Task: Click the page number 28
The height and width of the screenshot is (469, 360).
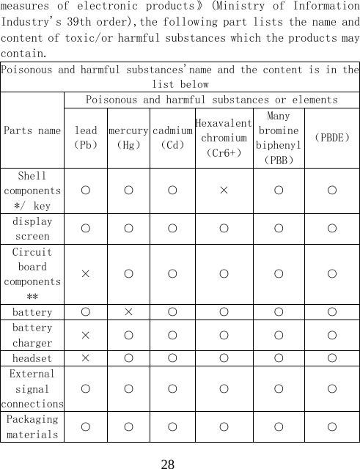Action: pos(168,464)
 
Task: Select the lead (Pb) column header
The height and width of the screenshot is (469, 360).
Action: pos(86,138)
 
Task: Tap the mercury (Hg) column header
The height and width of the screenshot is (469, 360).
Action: pos(129,138)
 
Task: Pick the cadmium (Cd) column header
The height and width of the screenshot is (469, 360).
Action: pos(172,138)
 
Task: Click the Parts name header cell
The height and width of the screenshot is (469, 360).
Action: pos(32,130)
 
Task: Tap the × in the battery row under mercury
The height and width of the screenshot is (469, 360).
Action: pos(129,312)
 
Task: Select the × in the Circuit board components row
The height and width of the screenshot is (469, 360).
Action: pos(86,274)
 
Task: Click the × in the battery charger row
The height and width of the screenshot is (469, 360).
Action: pos(86,335)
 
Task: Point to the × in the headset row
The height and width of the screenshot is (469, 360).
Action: pos(86,358)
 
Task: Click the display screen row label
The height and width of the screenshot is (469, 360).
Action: pos(32,229)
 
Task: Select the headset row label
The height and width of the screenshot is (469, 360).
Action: pos(32,358)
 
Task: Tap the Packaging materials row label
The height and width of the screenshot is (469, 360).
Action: pos(32,426)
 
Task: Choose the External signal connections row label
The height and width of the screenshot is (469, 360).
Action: pos(32,388)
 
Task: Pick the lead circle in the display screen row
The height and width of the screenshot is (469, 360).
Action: pos(86,229)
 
